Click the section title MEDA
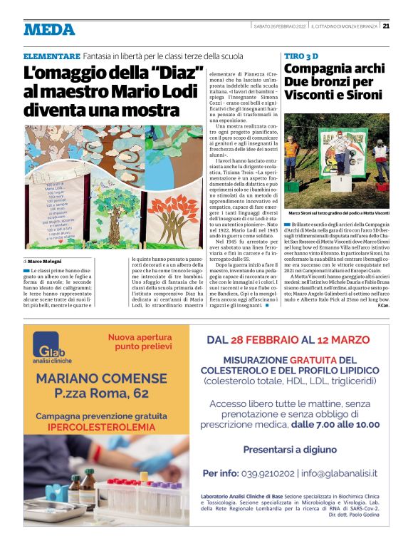pyautogui.click(x=48, y=29)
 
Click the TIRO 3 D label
pyautogui.click(x=305, y=56)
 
